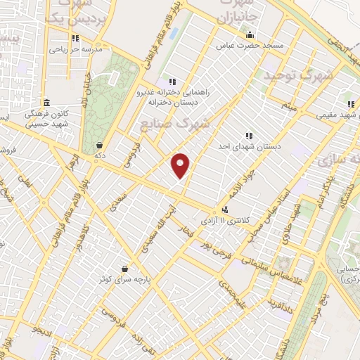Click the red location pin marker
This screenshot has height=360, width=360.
tap(181, 165)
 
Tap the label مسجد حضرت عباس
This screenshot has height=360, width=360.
tap(264, 46)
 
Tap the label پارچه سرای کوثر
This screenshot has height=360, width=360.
tap(125, 279)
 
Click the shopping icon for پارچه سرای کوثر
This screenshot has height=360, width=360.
tap(124, 268)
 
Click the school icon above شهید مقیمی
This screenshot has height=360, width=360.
tap(350, 105)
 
